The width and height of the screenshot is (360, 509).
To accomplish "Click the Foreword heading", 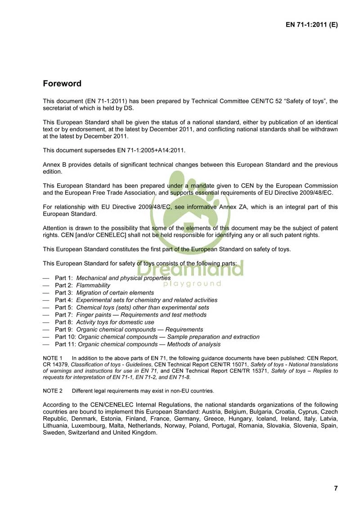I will coord(62,84).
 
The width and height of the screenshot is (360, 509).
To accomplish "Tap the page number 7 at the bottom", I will coord(336,488).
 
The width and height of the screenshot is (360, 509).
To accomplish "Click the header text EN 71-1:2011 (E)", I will coord(311,25).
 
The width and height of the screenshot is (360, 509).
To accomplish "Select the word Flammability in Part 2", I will coord(93,286).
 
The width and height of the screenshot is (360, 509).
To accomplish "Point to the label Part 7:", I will coord(64,315).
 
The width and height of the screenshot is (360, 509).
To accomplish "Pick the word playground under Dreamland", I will coord(192,284).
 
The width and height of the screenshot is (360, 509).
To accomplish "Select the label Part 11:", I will coord(65,344).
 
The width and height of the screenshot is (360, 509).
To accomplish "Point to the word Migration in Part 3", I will coord(90,293).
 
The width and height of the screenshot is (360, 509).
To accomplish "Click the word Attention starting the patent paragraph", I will coord(56,228).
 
